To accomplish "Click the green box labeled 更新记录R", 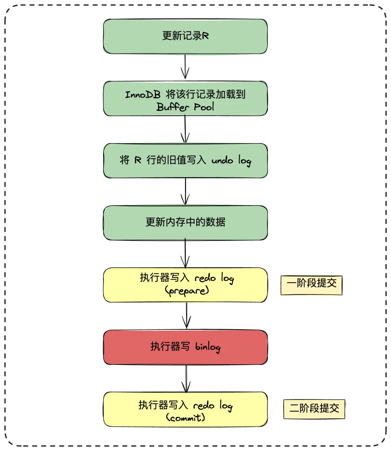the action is point(185,36).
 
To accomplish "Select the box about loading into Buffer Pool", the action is point(185,99).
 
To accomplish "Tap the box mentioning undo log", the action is point(185,160).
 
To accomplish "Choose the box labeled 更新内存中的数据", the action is point(185,222).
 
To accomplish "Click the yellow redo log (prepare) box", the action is point(185,285).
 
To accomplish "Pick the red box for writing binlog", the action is point(185,347).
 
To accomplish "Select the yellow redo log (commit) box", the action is point(185,409).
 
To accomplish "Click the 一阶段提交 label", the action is point(311,285).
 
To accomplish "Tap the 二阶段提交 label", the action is point(314,409).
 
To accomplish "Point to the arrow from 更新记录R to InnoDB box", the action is point(185,67).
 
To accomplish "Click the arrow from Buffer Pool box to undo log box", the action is point(185,129).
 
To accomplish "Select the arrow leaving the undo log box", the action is point(185,192).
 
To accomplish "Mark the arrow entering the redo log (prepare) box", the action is point(185,254).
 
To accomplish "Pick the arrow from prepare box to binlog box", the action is point(186,316).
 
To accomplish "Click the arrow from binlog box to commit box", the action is point(186,378).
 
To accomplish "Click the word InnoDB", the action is point(143,95).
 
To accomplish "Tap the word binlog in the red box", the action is point(207,347).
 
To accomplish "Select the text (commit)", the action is point(186,418).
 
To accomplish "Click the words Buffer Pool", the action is point(185,107).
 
